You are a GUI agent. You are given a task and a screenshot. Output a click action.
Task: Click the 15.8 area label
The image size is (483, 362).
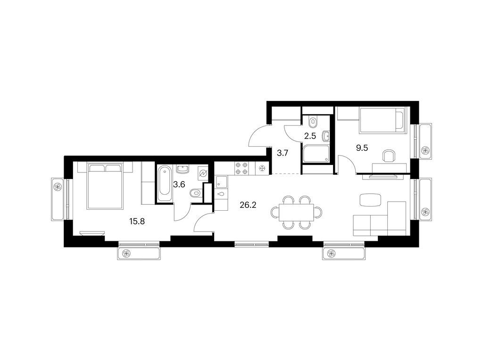click(137, 221)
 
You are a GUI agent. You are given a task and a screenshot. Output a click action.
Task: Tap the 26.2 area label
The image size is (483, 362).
click(248, 205)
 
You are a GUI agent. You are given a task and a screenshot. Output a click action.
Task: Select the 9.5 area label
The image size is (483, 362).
click(362, 148)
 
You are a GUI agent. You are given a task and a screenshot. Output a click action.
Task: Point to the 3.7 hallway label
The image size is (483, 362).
click(282, 153)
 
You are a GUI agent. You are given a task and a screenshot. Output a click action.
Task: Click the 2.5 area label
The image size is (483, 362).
click(310, 136)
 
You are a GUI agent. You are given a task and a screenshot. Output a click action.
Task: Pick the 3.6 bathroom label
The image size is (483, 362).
click(179, 184)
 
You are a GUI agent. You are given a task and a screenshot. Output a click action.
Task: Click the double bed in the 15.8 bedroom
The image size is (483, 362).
click(105, 186)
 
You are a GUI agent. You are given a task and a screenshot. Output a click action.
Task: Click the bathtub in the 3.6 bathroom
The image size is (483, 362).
click(164, 184)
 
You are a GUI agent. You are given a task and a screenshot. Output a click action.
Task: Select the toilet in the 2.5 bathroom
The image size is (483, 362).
click(313, 122)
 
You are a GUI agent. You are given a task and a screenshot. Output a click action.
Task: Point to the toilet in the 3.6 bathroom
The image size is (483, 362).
click(196, 193)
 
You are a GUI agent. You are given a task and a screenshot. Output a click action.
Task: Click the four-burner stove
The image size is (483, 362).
click(242, 169)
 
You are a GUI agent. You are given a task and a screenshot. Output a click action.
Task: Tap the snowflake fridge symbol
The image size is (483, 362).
click(262, 169)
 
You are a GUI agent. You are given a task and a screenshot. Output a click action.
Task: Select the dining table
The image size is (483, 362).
click(296, 213)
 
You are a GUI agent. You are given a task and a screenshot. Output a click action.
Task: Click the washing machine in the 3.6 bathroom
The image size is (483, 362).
click(203, 173)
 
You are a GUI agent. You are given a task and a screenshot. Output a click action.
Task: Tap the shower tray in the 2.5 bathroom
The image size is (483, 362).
click(316, 154)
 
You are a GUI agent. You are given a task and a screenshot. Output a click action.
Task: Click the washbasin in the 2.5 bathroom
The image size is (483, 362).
click(325, 135)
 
